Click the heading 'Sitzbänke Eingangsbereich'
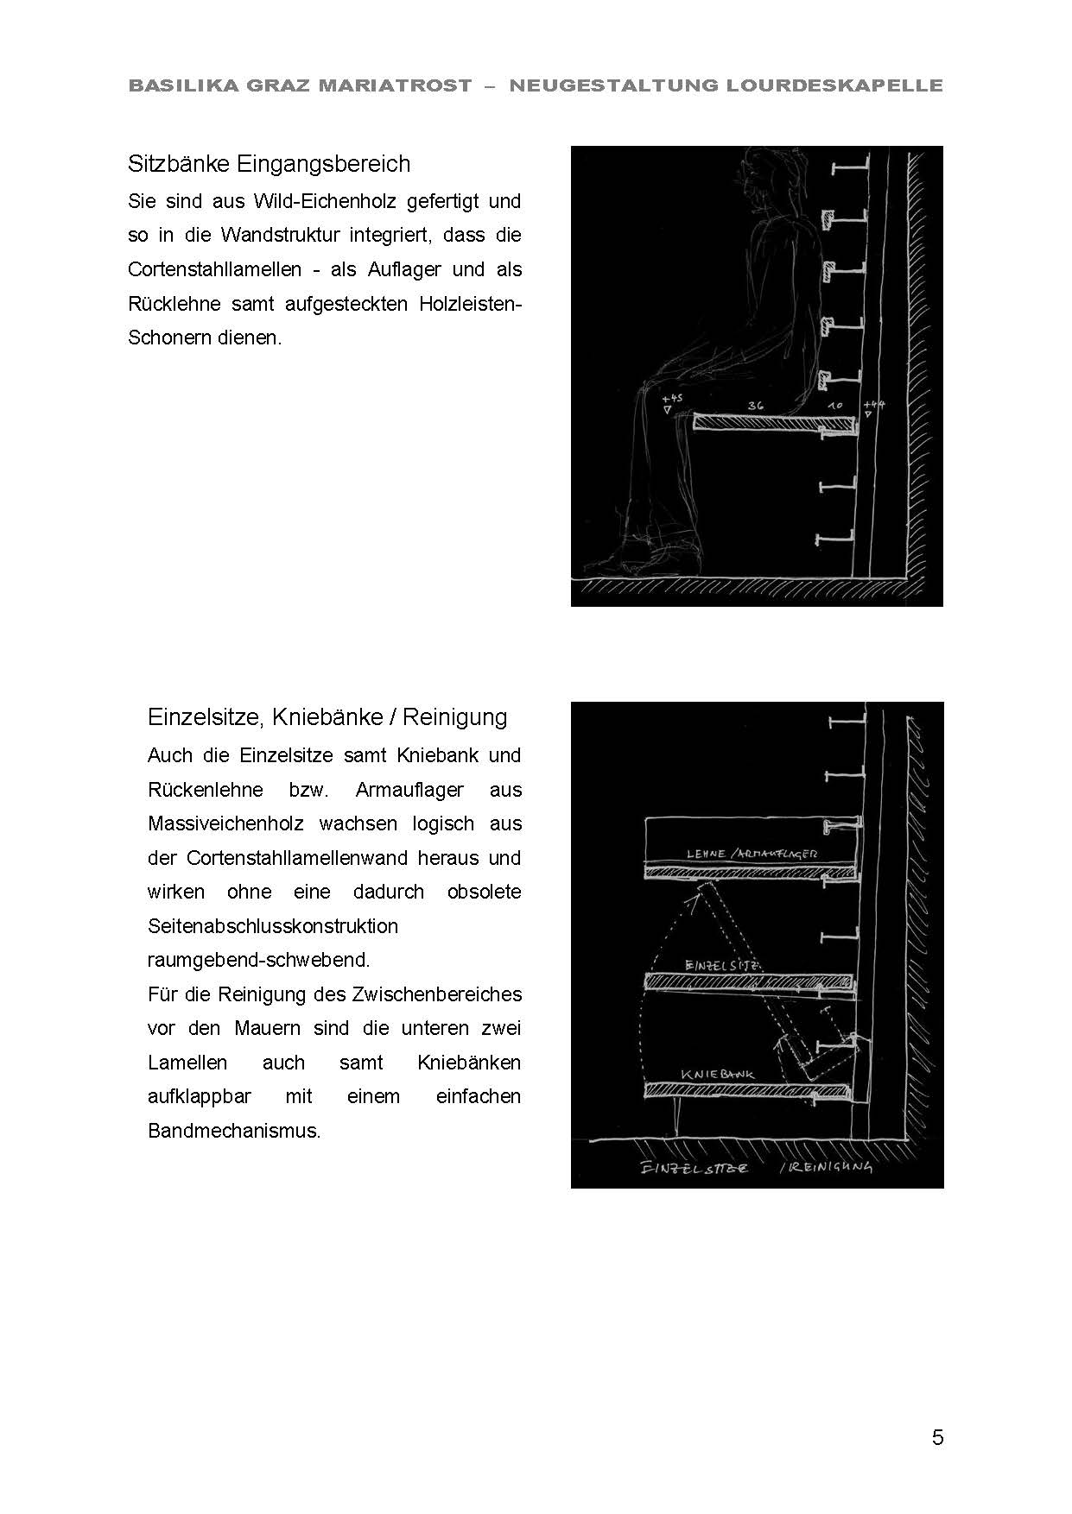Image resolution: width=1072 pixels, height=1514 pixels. point(269,164)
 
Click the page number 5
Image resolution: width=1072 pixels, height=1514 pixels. point(937,1437)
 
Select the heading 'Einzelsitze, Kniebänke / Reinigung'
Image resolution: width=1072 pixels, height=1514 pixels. point(327,717)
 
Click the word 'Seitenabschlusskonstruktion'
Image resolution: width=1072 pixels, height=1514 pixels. point(273,926)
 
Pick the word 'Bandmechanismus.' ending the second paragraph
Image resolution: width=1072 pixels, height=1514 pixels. point(234,1131)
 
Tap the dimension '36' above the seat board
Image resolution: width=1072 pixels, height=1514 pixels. point(756,404)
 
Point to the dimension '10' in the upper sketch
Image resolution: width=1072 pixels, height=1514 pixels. point(834,405)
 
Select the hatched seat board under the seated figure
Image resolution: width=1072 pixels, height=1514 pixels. point(775,423)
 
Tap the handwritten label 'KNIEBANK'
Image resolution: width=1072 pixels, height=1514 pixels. point(717,1075)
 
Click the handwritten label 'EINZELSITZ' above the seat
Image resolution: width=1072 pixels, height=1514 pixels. point(721,965)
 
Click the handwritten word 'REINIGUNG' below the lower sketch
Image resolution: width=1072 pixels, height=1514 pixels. point(829,1167)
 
